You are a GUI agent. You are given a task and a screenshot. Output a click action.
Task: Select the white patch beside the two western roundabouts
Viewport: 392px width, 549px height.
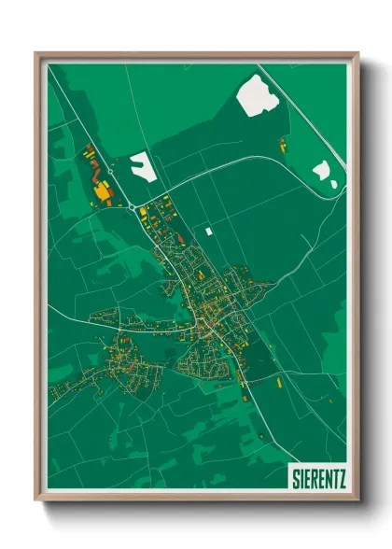[143, 166]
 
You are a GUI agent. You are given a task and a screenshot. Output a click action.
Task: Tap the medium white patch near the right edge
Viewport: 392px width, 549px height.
[322, 170]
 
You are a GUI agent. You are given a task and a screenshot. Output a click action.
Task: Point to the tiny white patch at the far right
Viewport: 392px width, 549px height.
[333, 184]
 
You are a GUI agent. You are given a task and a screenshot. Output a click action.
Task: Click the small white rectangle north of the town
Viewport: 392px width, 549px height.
[209, 230]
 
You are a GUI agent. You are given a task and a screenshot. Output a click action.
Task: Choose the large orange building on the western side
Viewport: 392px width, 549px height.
[102, 190]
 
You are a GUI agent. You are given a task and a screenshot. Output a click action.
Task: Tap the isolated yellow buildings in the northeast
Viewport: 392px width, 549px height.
[282, 145]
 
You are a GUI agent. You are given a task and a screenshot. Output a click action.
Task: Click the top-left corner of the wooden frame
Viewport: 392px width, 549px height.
[36, 53]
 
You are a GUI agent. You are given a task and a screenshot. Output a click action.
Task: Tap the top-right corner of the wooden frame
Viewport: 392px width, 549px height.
[357, 53]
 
